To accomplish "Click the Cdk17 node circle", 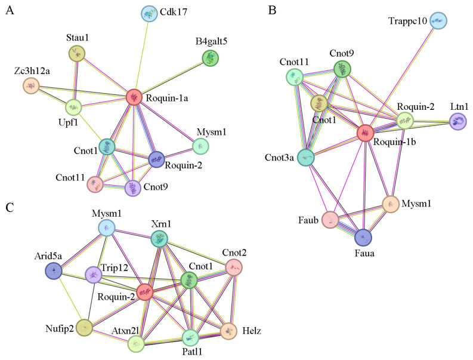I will click(x=150, y=13).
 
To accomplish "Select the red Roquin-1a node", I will click(x=134, y=97).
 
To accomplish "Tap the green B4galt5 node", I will click(x=210, y=57).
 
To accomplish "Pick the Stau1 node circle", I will click(x=77, y=54).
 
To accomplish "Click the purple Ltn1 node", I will click(x=458, y=122).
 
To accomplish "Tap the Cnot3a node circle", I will click(x=307, y=158).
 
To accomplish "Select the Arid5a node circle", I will click(x=54, y=270).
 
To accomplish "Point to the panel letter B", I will click(x=273, y=11).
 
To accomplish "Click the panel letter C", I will click(x=10, y=207).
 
